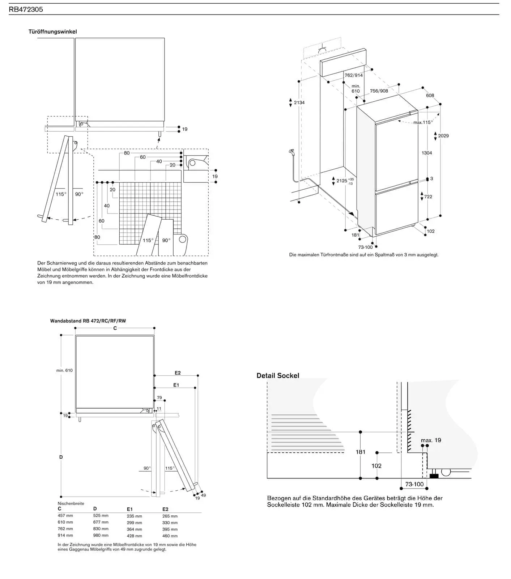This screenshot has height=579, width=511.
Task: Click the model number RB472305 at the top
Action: (26, 9)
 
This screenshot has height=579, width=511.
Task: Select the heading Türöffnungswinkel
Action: (53, 31)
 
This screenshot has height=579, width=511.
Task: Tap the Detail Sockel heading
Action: (278, 376)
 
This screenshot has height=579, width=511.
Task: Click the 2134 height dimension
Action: (299, 102)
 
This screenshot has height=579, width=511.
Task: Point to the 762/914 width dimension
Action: (353, 75)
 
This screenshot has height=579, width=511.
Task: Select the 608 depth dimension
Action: (430, 96)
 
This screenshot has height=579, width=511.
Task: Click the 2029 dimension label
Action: (443, 136)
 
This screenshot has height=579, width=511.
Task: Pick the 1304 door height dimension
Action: (427, 153)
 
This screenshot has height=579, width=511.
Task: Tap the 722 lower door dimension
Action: (428, 196)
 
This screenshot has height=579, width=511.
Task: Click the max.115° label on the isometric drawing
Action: (423, 122)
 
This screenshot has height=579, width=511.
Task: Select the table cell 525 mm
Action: (101, 515)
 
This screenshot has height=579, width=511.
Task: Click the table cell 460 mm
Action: (170, 536)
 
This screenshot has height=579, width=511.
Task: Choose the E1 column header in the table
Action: (130, 509)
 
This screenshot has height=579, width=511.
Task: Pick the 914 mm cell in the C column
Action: (65, 535)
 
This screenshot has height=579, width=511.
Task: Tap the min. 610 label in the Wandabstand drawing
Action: (64, 370)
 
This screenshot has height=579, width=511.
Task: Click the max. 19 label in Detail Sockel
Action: (431, 440)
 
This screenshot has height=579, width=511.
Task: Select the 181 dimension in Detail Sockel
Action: (361, 452)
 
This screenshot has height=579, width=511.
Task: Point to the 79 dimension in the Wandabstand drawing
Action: (159, 397)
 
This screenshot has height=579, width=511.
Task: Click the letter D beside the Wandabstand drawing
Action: (61, 457)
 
